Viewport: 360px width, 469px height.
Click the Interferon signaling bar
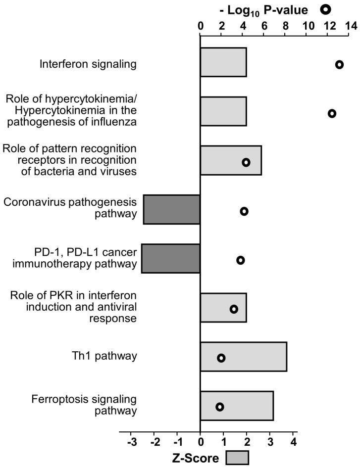pos(223,62)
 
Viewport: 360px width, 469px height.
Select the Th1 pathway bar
pos(243,356)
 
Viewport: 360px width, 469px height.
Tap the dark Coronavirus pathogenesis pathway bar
pos(172,209)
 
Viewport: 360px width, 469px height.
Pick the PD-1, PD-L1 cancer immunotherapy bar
pos(171,258)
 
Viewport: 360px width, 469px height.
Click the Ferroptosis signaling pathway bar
pos(237,406)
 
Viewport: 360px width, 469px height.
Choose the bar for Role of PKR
pos(223,307)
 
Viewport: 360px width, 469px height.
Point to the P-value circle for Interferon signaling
pos(339,64)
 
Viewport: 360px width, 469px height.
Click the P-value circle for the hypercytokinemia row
pos(332,113)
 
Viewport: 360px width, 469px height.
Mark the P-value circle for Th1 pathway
pos(221,358)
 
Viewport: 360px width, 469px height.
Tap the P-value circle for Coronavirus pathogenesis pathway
pos(244,211)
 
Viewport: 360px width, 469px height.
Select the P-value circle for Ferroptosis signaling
pos(220,407)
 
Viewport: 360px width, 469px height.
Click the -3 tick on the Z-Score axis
pos(131,442)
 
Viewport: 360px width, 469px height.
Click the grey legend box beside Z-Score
pos(237,458)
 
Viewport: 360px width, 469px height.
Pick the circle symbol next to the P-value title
pos(325,9)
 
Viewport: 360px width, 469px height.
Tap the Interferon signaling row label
pos(89,63)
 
